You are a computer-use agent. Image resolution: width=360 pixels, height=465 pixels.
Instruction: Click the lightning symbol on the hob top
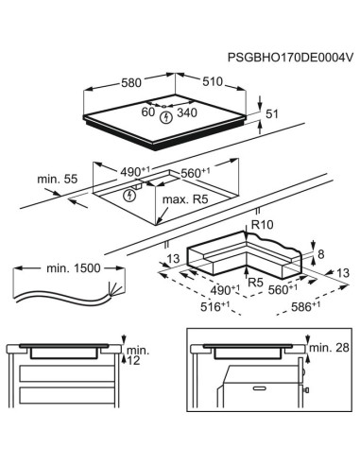point(167,118)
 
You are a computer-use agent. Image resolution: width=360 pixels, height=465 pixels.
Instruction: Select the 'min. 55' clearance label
point(57,178)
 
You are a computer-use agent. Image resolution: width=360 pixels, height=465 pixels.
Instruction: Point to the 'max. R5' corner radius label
point(188,200)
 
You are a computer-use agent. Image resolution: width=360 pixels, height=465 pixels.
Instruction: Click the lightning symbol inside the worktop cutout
point(129,197)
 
